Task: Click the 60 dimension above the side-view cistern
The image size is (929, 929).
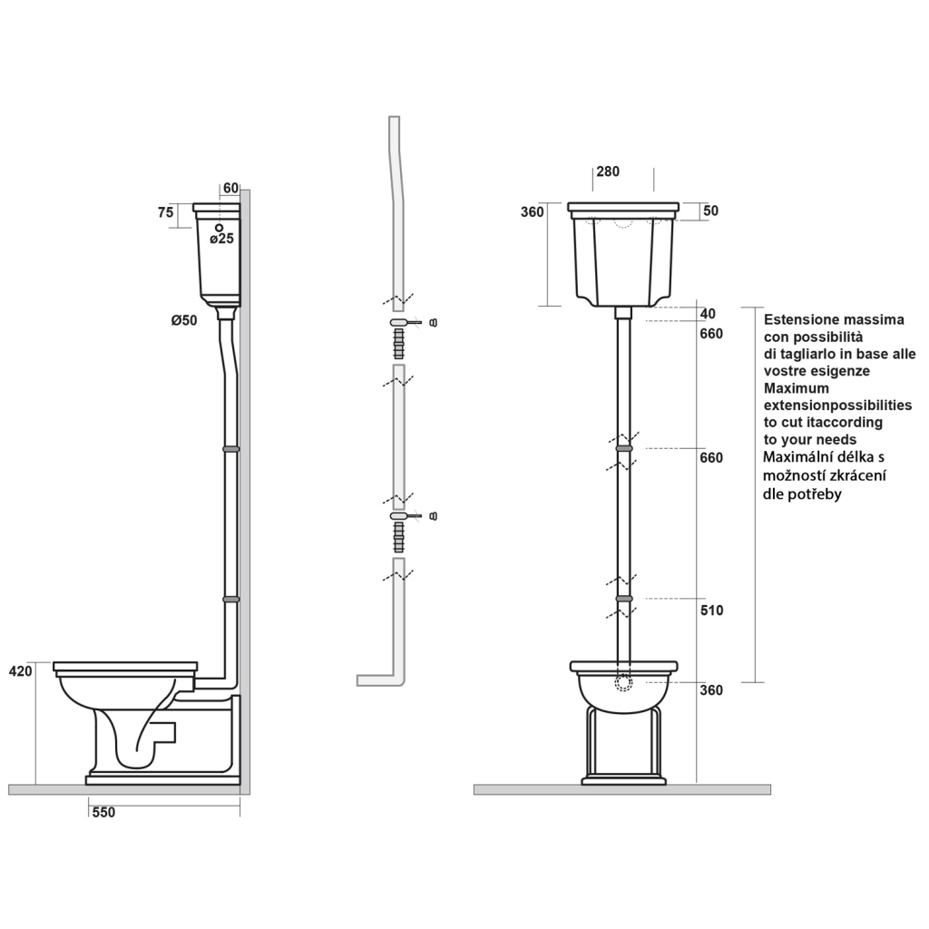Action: click(x=230, y=188)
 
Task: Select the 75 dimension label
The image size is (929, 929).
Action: click(x=166, y=212)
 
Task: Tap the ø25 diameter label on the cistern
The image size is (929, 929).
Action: click(x=222, y=239)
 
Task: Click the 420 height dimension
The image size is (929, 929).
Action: click(x=20, y=671)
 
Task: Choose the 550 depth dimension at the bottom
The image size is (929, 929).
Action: click(x=103, y=813)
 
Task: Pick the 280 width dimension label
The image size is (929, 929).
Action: click(x=608, y=171)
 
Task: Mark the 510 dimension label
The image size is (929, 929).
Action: click(x=711, y=611)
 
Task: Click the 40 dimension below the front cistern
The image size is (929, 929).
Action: click(x=709, y=314)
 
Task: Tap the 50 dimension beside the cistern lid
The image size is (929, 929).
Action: click(x=710, y=211)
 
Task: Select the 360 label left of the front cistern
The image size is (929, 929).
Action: click(x=533, y=211)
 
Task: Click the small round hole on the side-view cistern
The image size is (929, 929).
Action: click(x=220, y=226)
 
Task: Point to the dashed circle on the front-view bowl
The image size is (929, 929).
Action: click(x=623, y=684)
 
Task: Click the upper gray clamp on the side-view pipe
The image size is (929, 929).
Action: click(x=231, y=448)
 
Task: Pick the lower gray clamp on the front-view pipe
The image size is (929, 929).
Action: click(x=623, y=599)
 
